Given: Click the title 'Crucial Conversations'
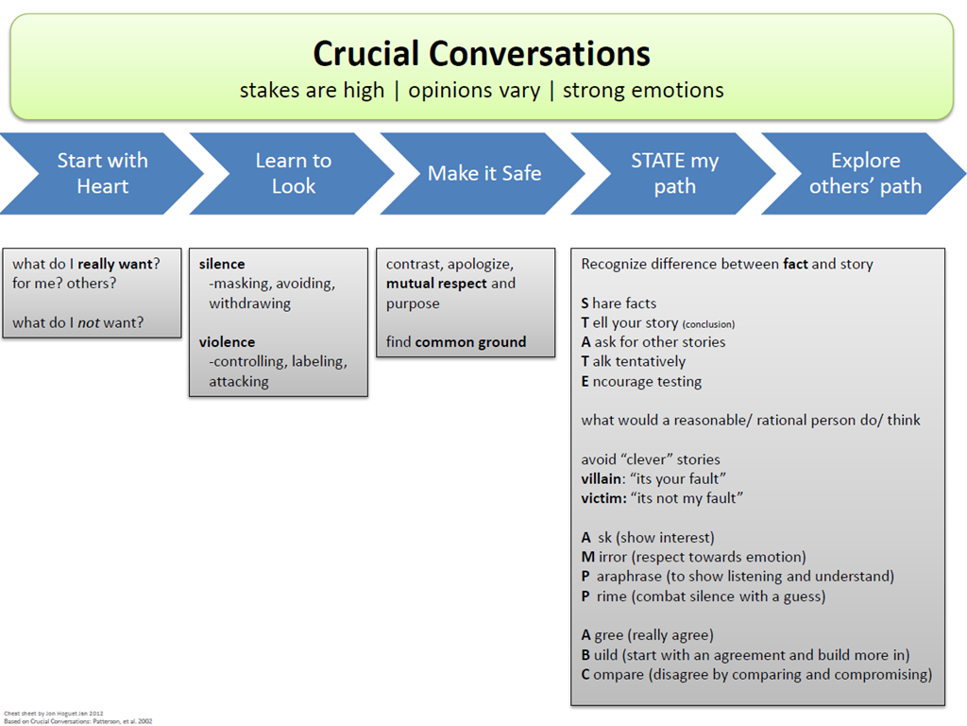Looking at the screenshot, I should click(482, 53).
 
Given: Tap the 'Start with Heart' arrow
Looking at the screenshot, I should click(102, 173).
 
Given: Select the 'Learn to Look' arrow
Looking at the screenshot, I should click(293, 173).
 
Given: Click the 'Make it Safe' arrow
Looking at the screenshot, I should click(483, 173).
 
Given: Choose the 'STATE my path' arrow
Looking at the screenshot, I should click(674, 173).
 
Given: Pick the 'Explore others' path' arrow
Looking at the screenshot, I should click(865, 173).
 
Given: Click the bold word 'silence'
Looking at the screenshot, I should click(222, 264).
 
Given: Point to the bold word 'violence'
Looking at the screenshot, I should click(227, 342).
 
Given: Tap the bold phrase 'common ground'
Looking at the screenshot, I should click(470, 342).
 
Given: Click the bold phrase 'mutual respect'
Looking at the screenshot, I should click(436, 284).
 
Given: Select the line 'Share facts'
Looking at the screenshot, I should click(619, 303).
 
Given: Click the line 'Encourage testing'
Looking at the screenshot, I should click(641, 382).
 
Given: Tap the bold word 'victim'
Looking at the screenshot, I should click(601, 498).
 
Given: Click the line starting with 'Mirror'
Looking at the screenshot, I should click(693, 557).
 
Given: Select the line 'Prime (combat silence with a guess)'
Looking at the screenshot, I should click(703, 596).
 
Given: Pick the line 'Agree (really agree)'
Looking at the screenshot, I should click(647, 635).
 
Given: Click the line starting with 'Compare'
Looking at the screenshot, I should click(756, 675).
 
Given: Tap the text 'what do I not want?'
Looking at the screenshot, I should click(78, 322).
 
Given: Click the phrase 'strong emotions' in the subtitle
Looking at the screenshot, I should click(643, 91).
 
